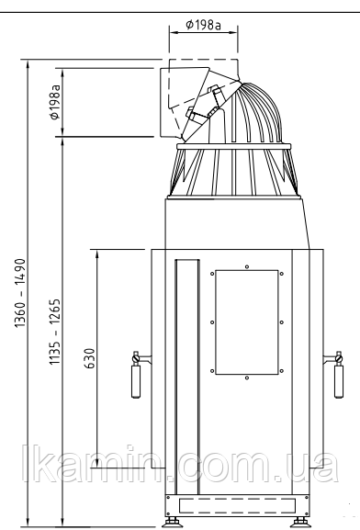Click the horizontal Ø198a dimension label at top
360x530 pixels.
point(204,25)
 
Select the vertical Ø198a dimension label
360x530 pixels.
point(55,102)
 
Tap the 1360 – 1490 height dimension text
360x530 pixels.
point(20,293)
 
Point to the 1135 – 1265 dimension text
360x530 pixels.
point(55,332)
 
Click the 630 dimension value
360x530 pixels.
point(91,358)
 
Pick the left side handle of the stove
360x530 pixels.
point(136,375)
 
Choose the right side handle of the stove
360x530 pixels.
point(338,375)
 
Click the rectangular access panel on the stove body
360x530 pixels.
point(247,322)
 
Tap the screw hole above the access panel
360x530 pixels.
point(247,266)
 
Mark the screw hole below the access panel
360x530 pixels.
point(247,378)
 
